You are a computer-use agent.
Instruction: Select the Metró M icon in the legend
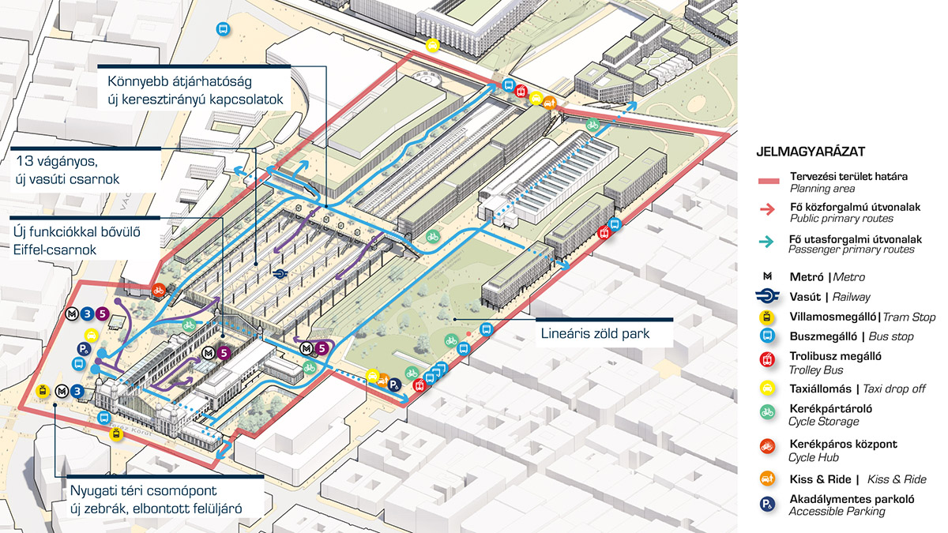pos(767,277)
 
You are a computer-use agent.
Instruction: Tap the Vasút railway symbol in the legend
pos(767,297)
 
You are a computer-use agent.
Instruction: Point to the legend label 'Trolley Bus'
pos(815,370)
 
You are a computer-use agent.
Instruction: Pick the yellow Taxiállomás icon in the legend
pos(767,388)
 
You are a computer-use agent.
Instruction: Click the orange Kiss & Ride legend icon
pos(767,479)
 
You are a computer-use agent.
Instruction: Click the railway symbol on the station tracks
pos(280,273)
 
